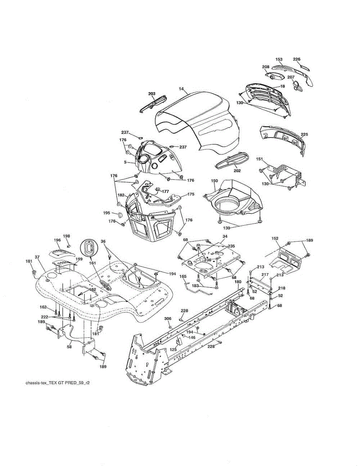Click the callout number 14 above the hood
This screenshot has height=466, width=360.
181,89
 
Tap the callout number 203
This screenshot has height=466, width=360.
151,94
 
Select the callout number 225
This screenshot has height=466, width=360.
304,134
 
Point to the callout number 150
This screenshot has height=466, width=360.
214,181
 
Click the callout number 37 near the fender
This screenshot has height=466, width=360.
37,257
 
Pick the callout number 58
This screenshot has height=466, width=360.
69,346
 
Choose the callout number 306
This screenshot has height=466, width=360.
168,318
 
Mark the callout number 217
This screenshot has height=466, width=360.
264,275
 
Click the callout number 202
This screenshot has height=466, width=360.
237,170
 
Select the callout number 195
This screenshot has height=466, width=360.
106,213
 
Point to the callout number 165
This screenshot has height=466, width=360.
183,276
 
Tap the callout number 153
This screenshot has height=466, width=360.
279,59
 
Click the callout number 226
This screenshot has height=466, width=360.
297,59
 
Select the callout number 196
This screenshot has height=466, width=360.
57,240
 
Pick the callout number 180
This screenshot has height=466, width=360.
238,282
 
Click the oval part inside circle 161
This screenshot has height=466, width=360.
89,248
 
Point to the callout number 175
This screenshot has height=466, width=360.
191,194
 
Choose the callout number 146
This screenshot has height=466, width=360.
192,337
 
